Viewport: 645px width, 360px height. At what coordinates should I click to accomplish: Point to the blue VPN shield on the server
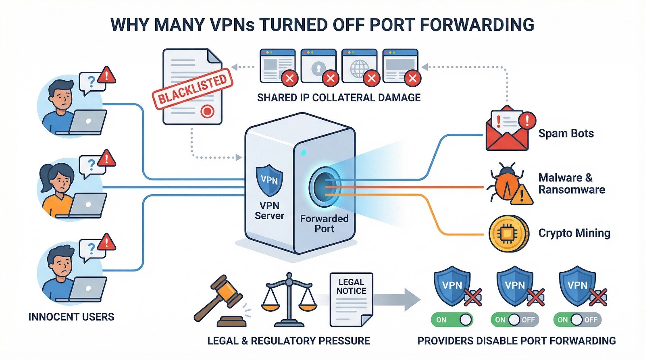pos(269,179)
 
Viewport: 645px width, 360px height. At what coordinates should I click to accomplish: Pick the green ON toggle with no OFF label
pos(451,320)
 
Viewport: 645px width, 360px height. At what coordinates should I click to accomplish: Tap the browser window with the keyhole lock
pos(318,67)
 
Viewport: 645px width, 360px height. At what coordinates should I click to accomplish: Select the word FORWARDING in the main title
pos(477,25)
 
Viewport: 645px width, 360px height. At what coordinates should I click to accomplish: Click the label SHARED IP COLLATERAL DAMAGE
pos(339,98)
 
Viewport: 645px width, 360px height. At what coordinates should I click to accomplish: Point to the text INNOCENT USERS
pos(71,317)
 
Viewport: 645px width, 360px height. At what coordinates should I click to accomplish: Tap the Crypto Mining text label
pos(574,233)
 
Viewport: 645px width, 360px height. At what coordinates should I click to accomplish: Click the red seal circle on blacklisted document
pos(207,111)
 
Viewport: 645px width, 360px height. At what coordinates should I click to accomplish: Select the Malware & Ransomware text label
pos(571,183)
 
